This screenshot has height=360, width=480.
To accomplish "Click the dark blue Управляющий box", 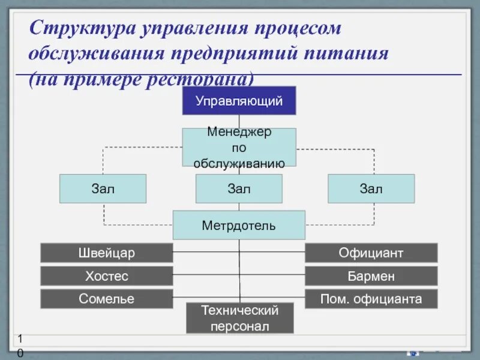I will [x=239, y=100].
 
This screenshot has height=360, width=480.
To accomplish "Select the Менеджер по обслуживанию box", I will [x=239, y=147].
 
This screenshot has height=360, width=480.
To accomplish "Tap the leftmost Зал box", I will [x=103, y=188].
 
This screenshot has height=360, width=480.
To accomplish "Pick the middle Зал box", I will [x=239, y=188].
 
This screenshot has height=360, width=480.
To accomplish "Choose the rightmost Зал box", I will [x=371, y=188].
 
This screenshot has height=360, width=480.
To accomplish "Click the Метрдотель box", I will [x=239, y=225].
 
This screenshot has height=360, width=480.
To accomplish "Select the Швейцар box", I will [x=106, y=253].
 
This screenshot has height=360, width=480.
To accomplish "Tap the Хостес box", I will [x=106, y=276].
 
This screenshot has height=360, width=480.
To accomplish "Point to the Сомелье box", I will [x=106, y=298].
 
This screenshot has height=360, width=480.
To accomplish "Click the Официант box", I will [x=371, y=253].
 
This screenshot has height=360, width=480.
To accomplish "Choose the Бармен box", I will [x=371, y=276].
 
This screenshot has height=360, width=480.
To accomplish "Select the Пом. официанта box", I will [x=371, y=298].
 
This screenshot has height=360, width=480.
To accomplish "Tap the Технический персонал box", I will [x=239, y=318].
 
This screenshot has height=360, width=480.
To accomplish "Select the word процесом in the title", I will [x=296, y=28].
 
